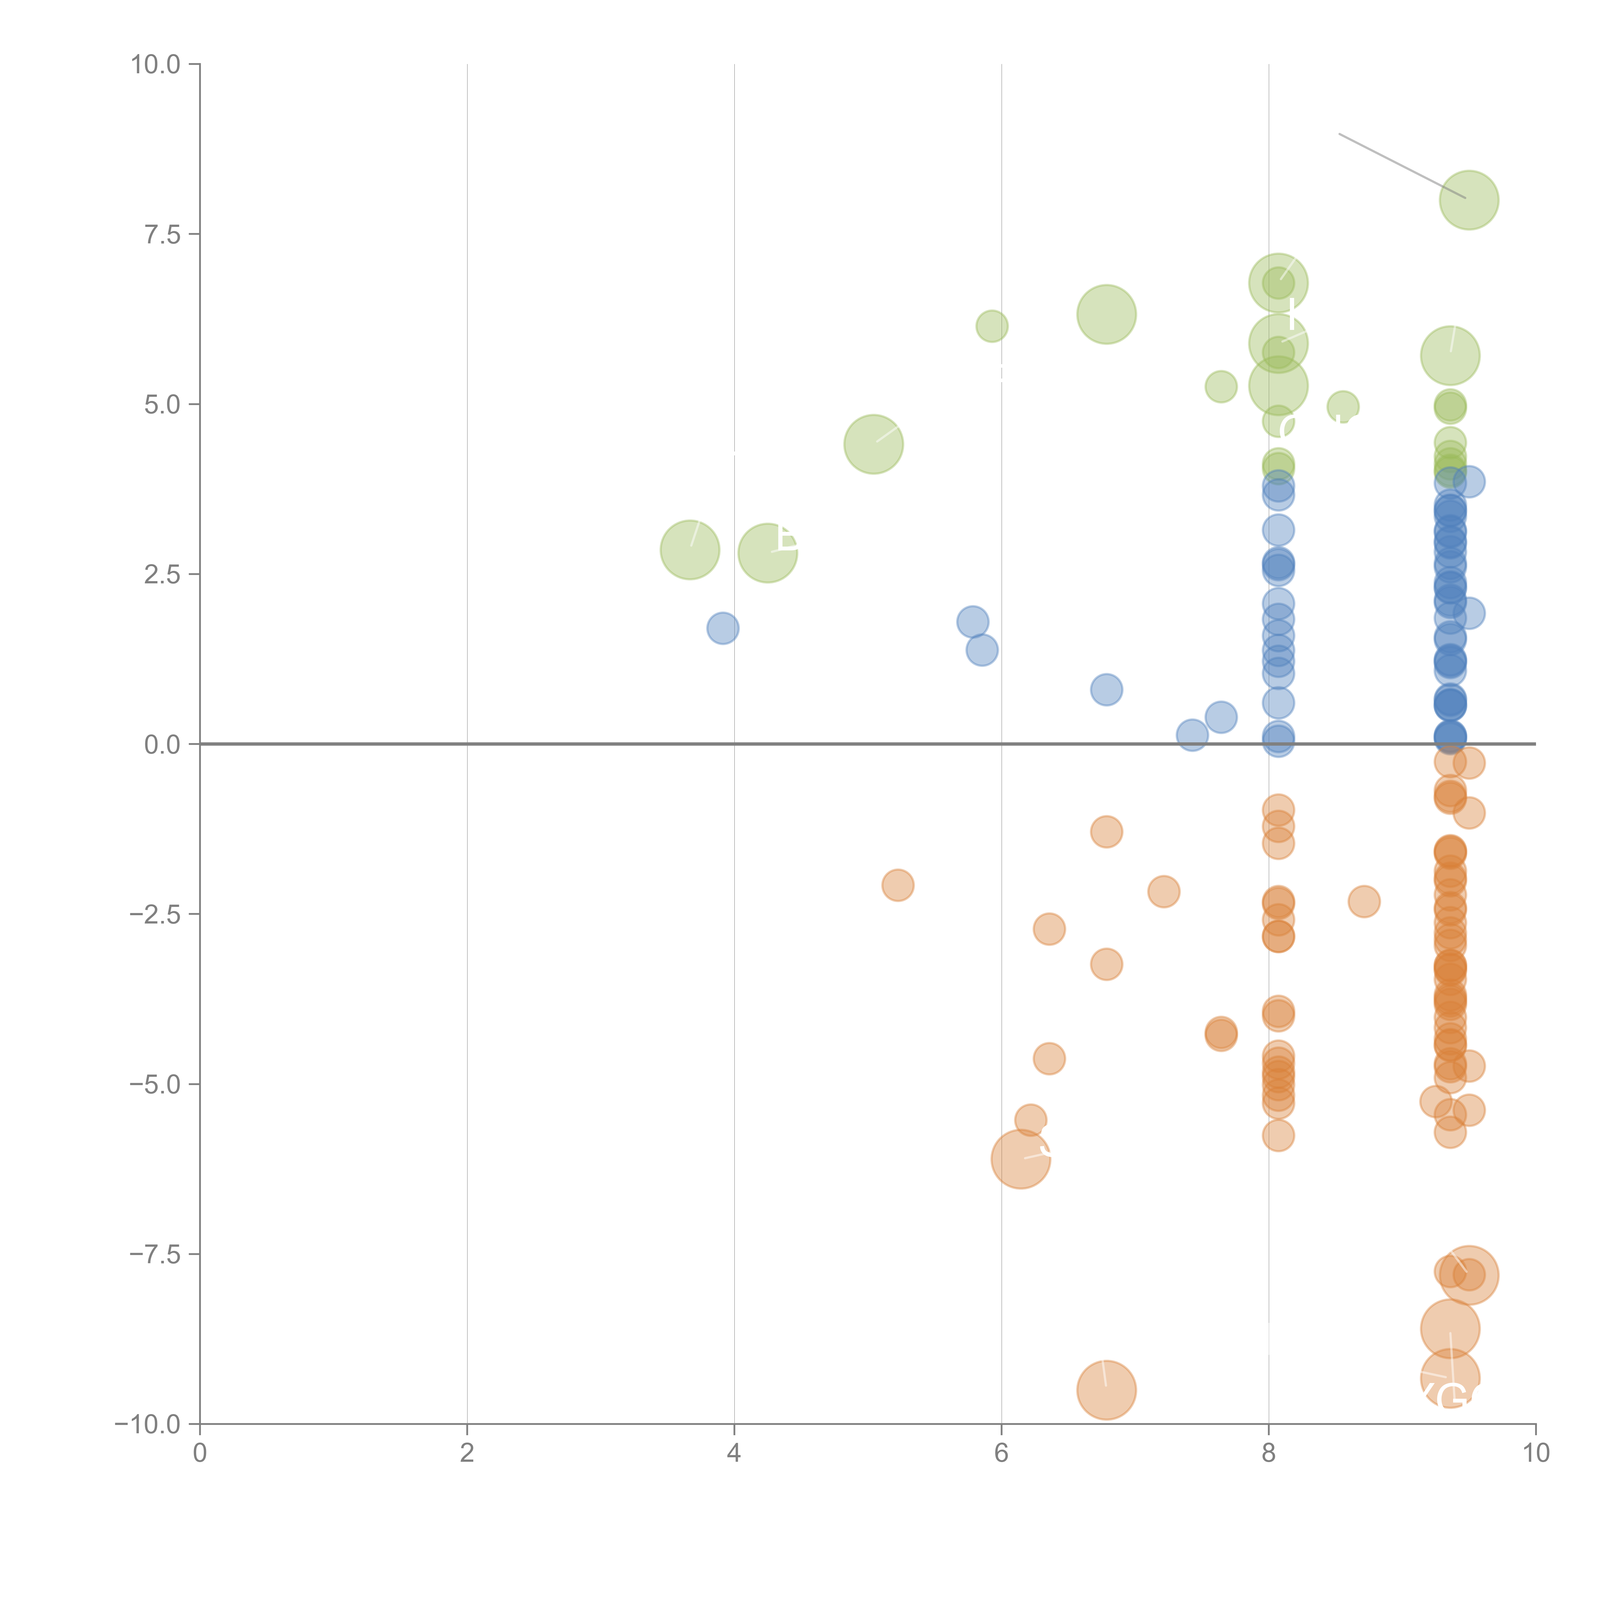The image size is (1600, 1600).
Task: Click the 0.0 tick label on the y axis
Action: click(162, 745)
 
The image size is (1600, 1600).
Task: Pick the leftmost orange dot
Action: click(898, 885)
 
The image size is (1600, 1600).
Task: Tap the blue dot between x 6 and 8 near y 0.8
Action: click(1107, 689)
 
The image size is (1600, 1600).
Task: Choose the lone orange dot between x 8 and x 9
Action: click(1364, 901)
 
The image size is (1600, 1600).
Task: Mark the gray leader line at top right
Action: click(1402, 166)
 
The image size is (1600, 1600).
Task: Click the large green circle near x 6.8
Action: click(1107, 314)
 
